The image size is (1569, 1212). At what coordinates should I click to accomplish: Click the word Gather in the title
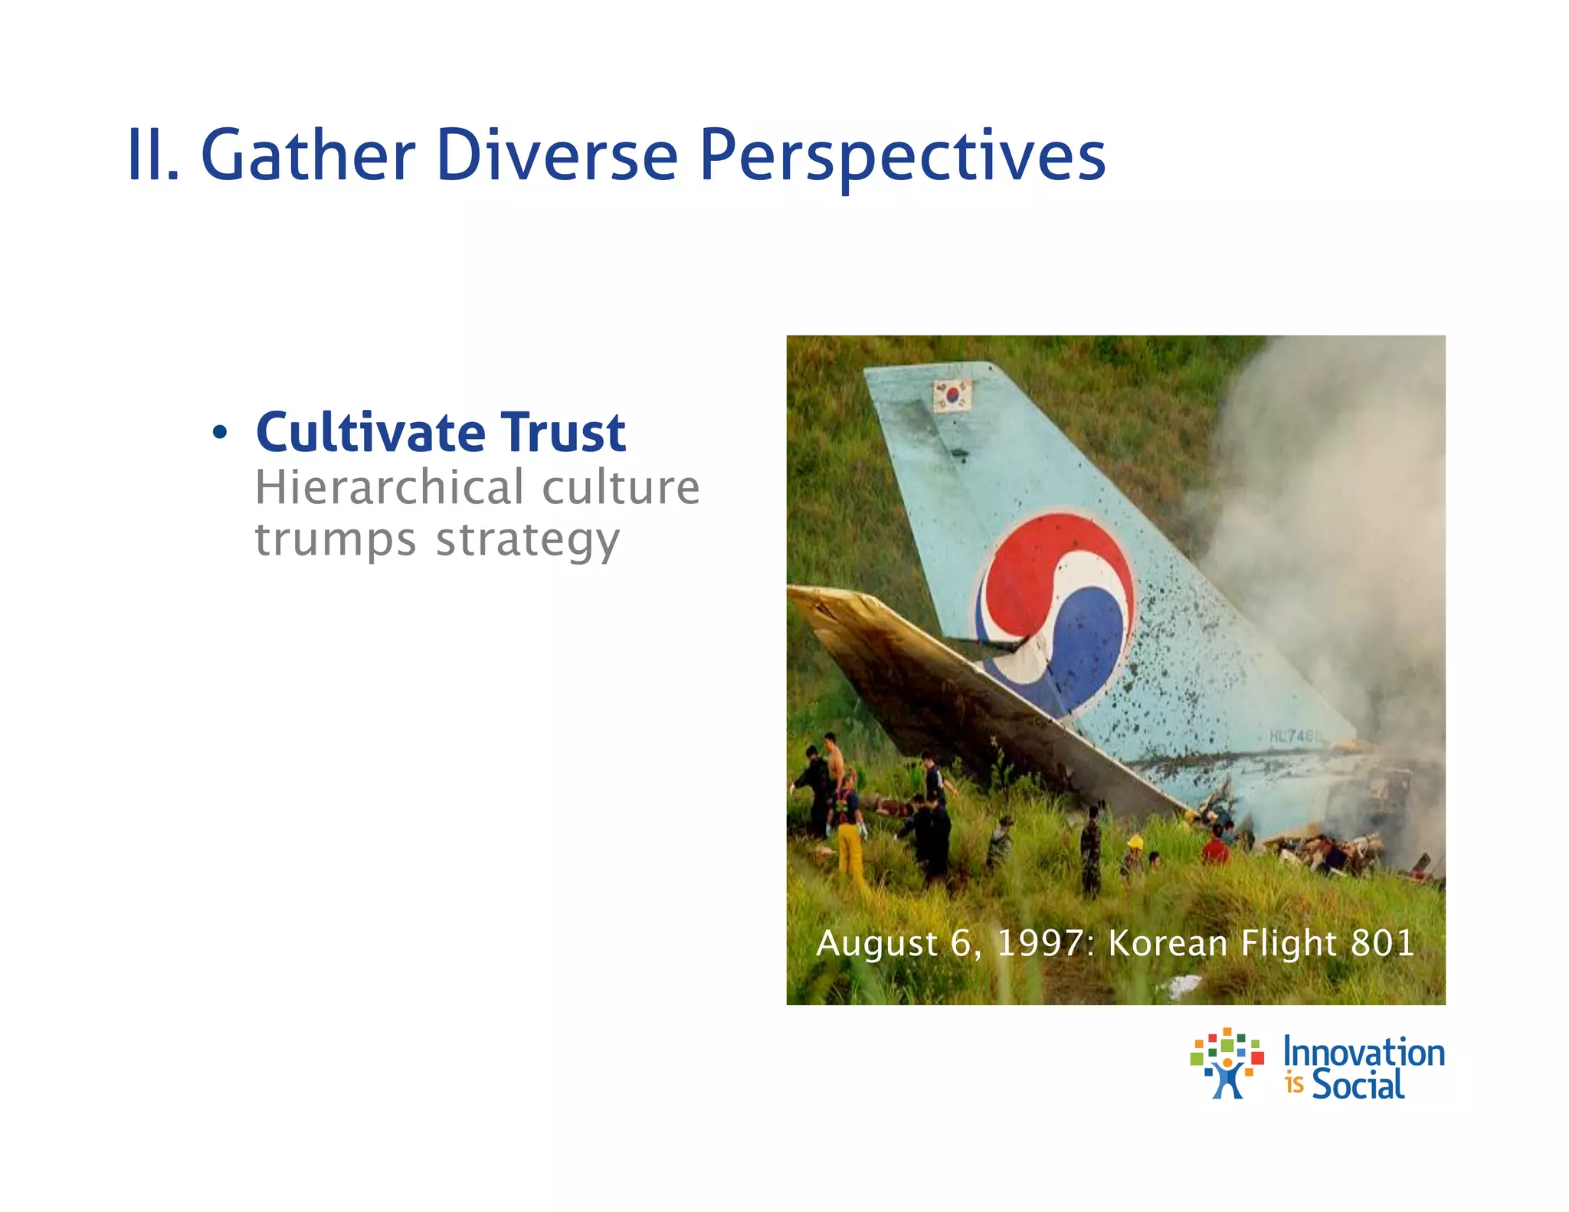pyautogui.click(x=307, y=156)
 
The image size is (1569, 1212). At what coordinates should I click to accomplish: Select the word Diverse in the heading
pyautogui.click(x=557, y=156)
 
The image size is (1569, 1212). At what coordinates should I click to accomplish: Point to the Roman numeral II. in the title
pyautogui.click(x=152, y=156)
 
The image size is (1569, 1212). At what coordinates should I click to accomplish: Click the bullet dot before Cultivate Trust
pyautogui.click(x=220, y=433)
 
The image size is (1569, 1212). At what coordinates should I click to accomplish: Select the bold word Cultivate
pyautogui.click(x=371, y=433)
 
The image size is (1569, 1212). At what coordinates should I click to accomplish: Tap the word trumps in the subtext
pyautogui.click(x=336, y=540)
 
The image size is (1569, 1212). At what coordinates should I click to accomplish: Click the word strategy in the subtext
pyautogui.click(x=528, y=540)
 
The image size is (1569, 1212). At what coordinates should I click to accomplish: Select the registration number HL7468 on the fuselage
pyautogui.click(x=1295, y=736)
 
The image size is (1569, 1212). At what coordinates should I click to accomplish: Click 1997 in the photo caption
pyautogui.click(x=1040, y=943)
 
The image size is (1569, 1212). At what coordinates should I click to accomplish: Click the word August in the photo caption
pyautogui.click(x=876, y=943)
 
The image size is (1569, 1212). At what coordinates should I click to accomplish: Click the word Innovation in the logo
pyautogui.click(x=1364, y=1053)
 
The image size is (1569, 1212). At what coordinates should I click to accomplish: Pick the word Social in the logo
pyautogui.click(x=1358, y=1085)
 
